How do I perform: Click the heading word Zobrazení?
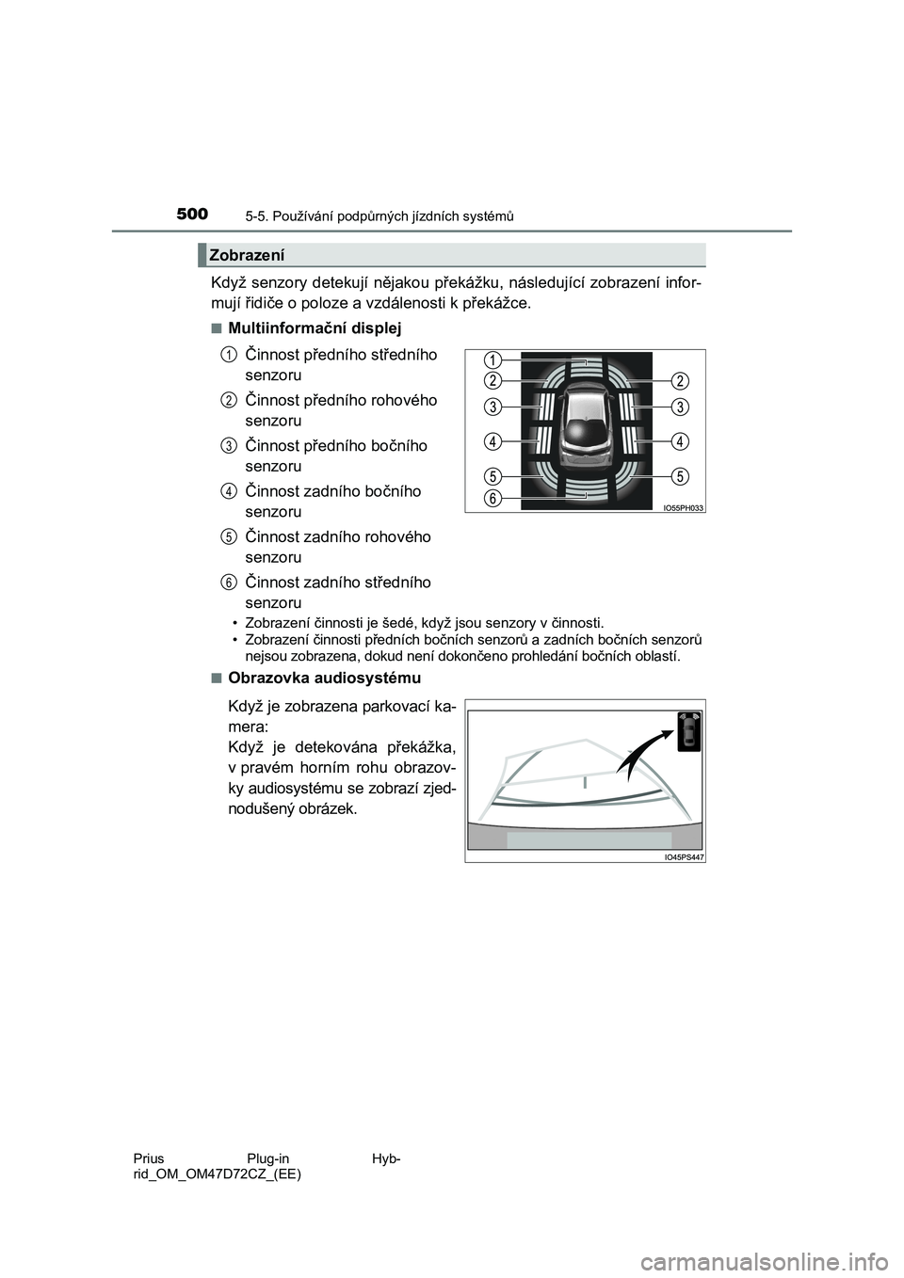point(247,254)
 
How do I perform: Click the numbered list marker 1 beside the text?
point(229,354)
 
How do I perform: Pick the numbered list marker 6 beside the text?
point(229,582)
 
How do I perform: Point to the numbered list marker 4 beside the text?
point(229,490)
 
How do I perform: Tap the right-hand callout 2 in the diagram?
point(680,380)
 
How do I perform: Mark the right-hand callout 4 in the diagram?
point(680,439)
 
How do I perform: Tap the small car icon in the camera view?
point(690,730)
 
